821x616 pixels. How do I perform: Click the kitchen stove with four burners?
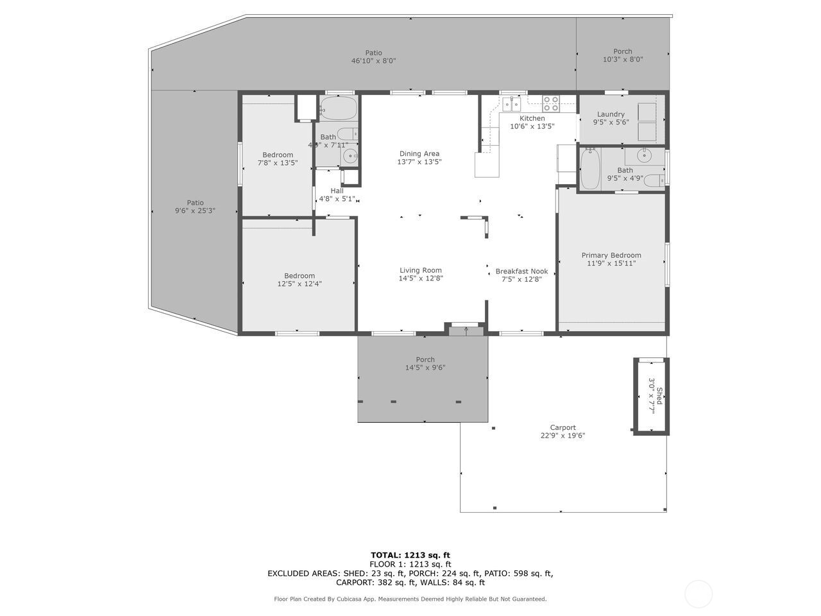(x=551, y=103)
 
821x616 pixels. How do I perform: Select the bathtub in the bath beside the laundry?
(x=590, y=169)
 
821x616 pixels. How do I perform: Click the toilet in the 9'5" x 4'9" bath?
(x=653, y=180)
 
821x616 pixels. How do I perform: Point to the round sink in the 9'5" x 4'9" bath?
(x=644, y=155)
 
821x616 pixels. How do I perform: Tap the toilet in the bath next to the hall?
(x=348, y=134)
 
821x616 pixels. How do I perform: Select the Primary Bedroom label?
(x=611, y=255)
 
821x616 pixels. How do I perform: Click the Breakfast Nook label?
(x=521, y=271)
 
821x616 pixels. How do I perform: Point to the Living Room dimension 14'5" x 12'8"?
(x=421, y=278)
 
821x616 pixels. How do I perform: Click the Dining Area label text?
(x=419, y=153)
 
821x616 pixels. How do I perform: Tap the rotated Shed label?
(x=659, y=396)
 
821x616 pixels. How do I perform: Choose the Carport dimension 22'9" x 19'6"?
(x=563, y=436)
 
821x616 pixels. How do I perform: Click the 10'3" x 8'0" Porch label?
(x=622, y=60)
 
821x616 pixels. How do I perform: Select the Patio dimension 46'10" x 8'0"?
(x=373, y=61)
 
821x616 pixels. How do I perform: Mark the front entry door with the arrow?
(x=466, y=330)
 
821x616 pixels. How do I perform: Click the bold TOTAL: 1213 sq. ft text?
(x=410, y=555)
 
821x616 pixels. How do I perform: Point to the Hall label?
(x=337, y=191)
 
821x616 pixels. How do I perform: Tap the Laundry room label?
(x=611, y=114)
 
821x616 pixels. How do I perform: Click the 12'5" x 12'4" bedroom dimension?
(x=300, y=284)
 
